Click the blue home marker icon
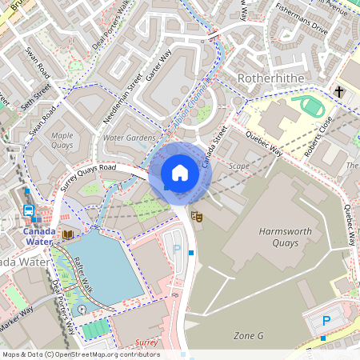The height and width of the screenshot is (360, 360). pos(180,173)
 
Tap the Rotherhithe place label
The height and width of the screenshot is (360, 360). pos(272,78)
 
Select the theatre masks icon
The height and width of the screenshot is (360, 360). pos(195,214)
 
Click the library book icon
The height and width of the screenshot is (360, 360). pos(67,234)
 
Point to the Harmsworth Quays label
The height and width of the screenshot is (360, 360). pos(290,239)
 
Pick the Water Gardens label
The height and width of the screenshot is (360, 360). pos(129,138)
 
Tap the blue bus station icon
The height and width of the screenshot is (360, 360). pos(29,211)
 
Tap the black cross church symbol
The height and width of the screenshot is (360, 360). pos(339,92)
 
